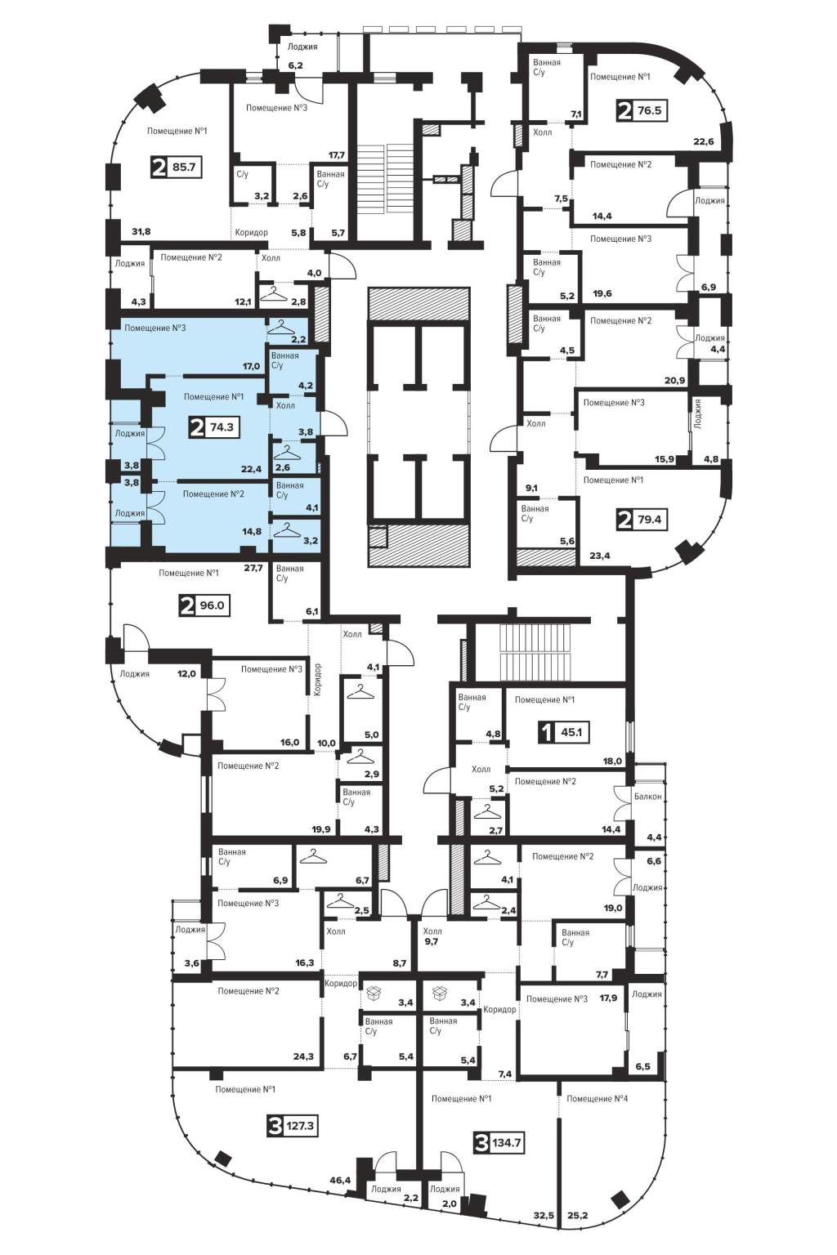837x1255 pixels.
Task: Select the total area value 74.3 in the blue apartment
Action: [x=222, y=427]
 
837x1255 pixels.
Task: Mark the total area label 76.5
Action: [x=649, y=110]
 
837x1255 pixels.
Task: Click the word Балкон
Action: [x=648, y=796]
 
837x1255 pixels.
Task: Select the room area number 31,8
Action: [x=140, y=231]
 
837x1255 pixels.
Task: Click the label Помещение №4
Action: [x=597, y=1099]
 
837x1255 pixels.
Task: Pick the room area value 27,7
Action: [x=253, y=568]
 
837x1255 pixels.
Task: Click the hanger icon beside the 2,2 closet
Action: [x=284, y=327]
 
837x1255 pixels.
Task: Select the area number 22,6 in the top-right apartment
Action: [x=704, y=141]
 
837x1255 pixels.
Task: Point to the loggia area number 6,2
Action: [x=295, y=65]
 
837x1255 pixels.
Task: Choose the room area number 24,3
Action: [x=303, y=1056]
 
